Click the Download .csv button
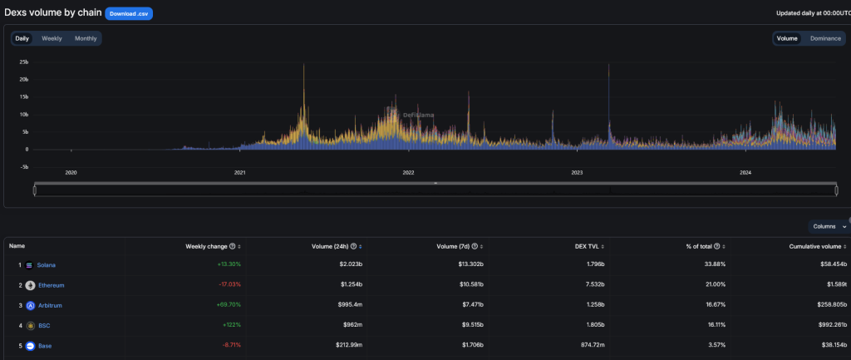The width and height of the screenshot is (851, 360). point(129,13)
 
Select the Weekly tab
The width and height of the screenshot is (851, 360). point(52,38)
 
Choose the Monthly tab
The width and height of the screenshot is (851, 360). point(86,38)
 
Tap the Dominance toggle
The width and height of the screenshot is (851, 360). point(825,38)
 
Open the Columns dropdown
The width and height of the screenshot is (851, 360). point(829,226)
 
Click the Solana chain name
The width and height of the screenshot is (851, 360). point(47,265)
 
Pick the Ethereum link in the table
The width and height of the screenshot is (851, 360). point(51,285)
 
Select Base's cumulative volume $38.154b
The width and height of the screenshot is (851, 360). point(829,345)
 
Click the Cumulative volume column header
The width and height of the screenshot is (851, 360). point(817,246)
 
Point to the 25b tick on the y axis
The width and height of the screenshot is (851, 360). point(24,62)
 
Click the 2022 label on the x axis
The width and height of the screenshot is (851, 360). point(408,173)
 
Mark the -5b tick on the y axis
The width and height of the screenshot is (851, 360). point(24,166)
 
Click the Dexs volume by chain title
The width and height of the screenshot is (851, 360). point(52,13)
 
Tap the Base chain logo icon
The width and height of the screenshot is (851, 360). point(30,345)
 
